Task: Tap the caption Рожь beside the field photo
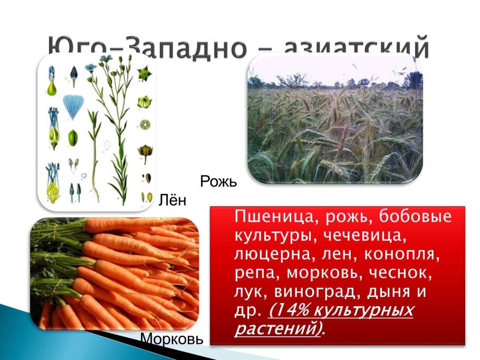(x=218, y=182)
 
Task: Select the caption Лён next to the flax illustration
(x=172, y=200)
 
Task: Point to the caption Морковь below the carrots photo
(x=171, y=339)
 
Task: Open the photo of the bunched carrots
(x=114, y=274)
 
